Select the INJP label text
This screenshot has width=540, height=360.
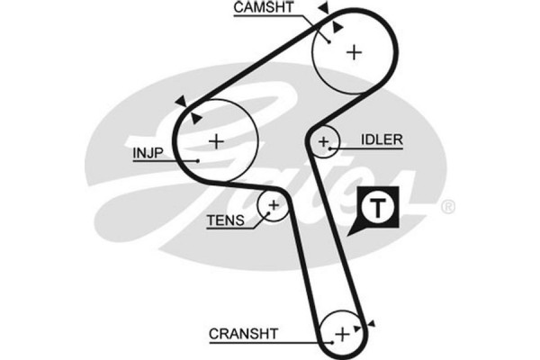click(147, 152)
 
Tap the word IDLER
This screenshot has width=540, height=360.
click(382, 140)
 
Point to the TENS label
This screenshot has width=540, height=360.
click(225, 219)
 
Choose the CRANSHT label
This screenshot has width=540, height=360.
click(244, 333)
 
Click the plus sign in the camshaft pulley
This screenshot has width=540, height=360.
click(354, 51)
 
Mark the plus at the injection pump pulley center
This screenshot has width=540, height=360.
click(215, 141)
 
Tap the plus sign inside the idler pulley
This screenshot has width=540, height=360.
click(324, 141)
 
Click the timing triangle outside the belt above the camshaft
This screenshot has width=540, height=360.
click(323, 8)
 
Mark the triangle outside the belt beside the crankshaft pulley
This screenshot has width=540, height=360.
click(372, 324)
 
